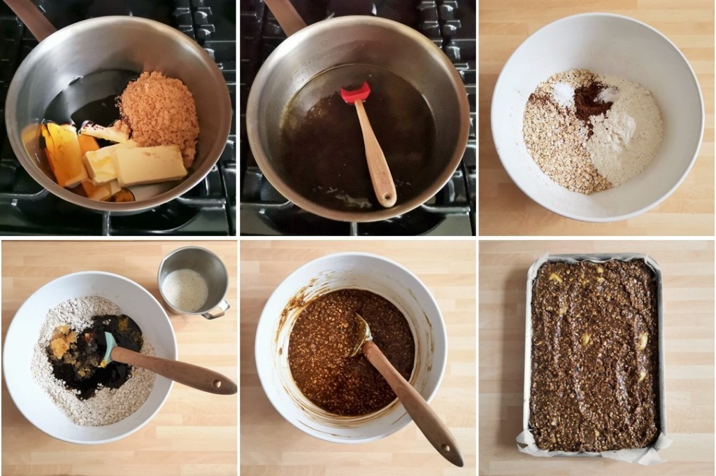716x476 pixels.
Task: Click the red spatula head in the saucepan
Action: (x=355, y=94)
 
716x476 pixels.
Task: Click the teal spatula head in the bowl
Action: (x=108, y=347)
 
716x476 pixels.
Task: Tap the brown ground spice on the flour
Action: (x=592, y=101)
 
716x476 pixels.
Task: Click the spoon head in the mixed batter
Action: (x=361, y=330)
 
